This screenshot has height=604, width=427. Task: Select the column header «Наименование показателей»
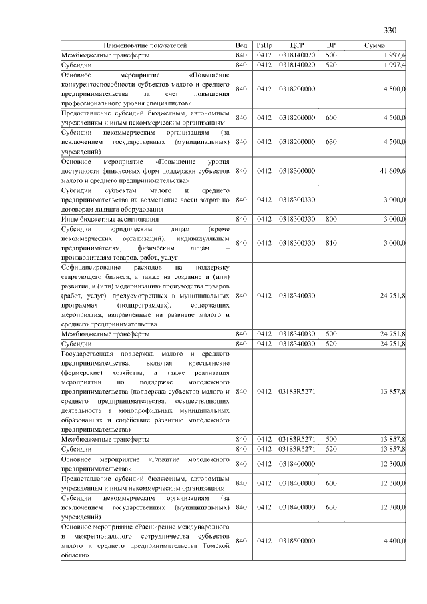pyautogui.click(x=145, y=45)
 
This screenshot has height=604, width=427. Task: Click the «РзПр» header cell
pyautogui.click(x=264, y=45)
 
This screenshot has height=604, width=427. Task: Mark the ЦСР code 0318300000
pyautogui.click(x=298, y=171)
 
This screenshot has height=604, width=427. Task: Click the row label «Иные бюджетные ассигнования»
pyautogui.click(x=110, y=218)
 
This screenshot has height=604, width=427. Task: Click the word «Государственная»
pyautogui.click(x=88, y=352)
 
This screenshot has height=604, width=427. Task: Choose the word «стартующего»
pyautogui.click(x=81, y=276)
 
